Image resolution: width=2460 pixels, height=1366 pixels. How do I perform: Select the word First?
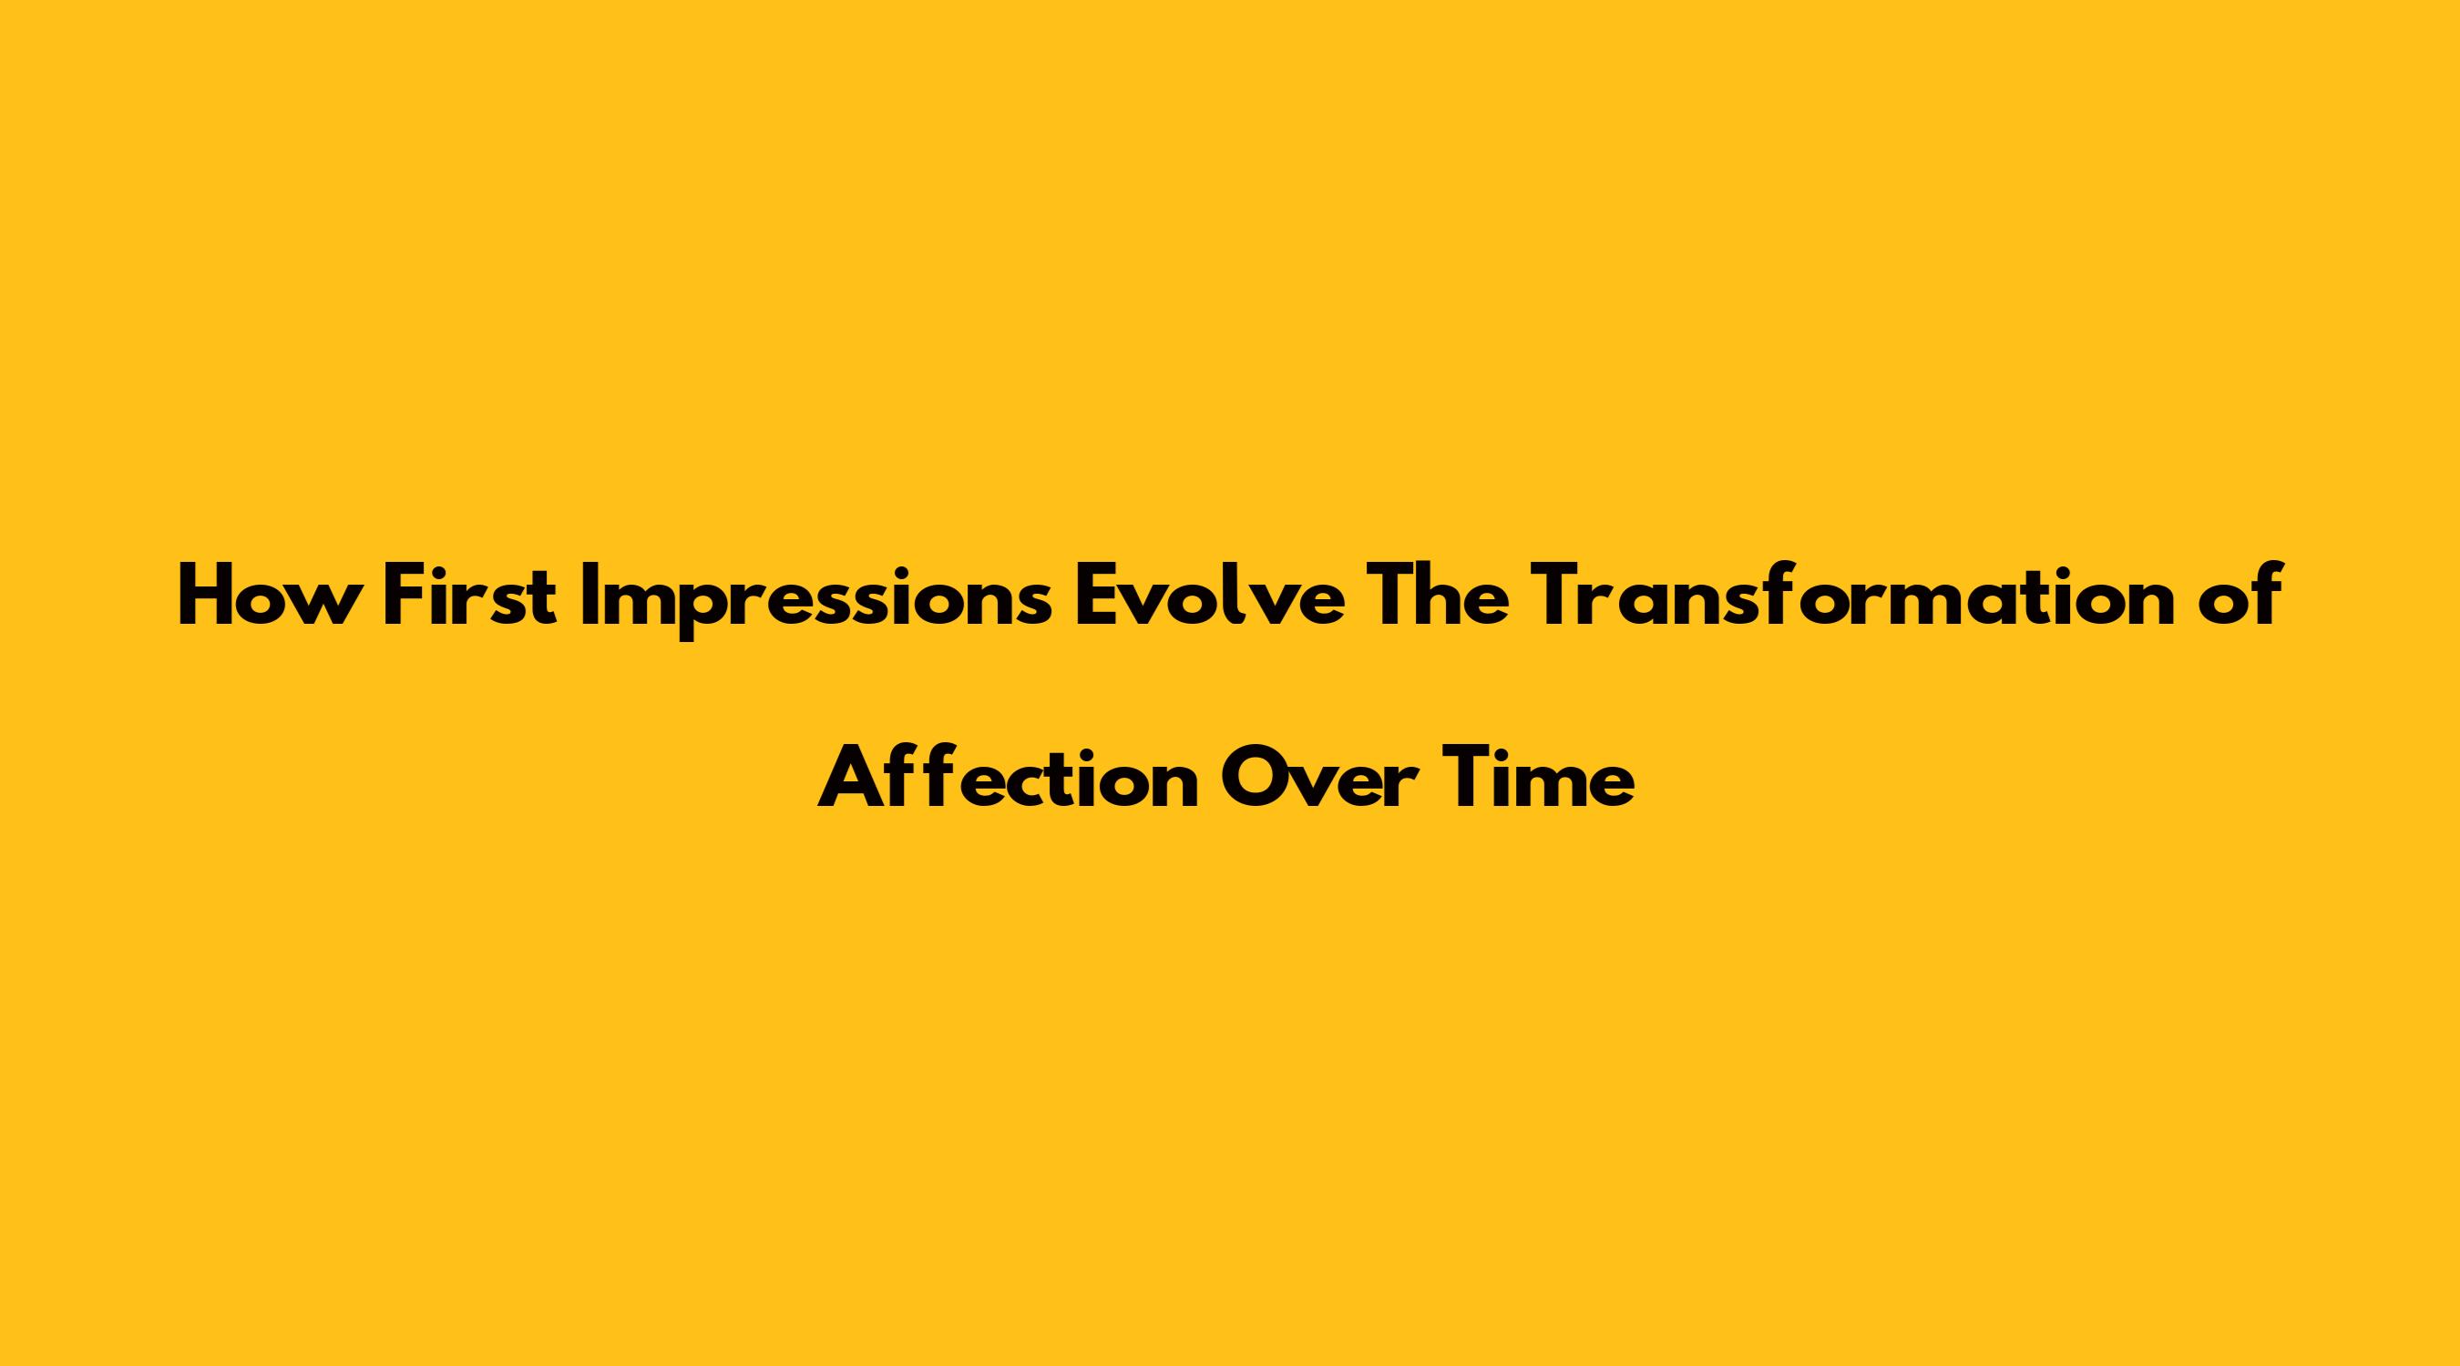470,596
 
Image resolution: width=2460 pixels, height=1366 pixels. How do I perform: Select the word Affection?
1009,777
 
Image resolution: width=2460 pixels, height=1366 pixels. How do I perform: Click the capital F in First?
404,596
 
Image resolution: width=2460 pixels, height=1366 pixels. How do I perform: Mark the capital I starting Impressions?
589,596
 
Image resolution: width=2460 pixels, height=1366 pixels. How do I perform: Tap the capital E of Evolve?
1096,596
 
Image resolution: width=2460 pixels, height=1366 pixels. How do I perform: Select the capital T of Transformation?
1560,596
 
